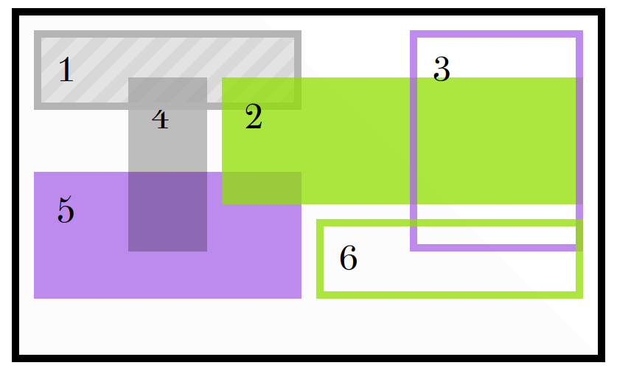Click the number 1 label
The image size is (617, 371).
click(x=66, y=71)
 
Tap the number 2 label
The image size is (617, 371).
click(x=254, y=117)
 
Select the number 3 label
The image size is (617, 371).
click(x=442, y=69)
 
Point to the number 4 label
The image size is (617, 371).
click(x=160, y=118)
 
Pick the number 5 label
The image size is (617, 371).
click(x=66, y=211)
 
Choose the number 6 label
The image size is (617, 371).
click(x=348, y=258)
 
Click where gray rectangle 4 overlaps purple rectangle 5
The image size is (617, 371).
click(x=167, y=212)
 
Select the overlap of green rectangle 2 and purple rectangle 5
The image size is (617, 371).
click(x=262, y=188)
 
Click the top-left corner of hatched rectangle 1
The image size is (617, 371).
click(x=35, y=31)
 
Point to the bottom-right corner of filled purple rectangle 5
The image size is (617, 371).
click(x=301, y=298)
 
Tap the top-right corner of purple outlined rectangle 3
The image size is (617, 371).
click(x=582, y=31)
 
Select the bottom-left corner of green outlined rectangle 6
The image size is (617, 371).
click(x=317, y=298)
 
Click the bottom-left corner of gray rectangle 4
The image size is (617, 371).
click(x=129, y=251)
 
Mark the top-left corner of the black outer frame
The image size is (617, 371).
click(x=13, y=9)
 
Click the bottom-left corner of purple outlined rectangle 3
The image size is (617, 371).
click(x=411, y=251)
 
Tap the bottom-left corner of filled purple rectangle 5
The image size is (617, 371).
click(x=35, y=298)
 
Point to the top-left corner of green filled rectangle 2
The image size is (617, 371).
click(x=223, y=78)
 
